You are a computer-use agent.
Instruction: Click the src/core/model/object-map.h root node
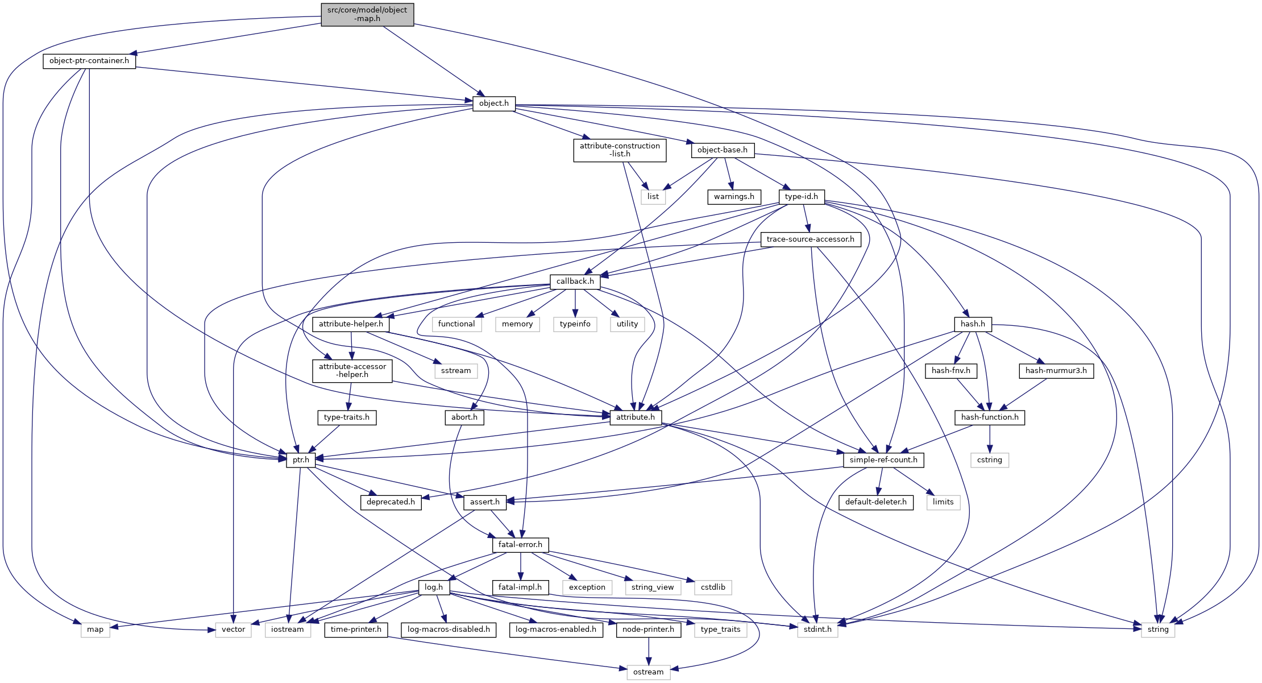pyautogui.click(x=367, y=15)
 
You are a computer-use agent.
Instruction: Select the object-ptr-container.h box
pyautogui.click(x=89, y=61)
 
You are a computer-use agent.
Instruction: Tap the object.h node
pyautogui.click(x=494, y=104)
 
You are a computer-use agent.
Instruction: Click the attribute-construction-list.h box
pyautogui.click(x=620, y=150)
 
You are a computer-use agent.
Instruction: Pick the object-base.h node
pyautogui.click(x=723, y=150)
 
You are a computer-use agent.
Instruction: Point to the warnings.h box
pyautogui.click(x=734, y=197)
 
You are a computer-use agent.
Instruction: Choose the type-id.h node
pyautogui.click(x=802, y=197)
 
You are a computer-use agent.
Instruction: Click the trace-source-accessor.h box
pyautogui.click(x=810, y=239)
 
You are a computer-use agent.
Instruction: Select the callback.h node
pyautogui.click(x=575, y=282)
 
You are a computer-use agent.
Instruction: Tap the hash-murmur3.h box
pyautogui.click(x=1056, y=371)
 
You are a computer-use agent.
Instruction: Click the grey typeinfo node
pyautogui.click(x=575, y=324)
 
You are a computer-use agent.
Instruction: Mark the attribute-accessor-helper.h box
pyautogui.click(x=352, y=371)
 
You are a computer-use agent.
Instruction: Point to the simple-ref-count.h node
pyautogui.click(x=883, y=460)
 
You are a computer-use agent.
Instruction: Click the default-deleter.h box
pyautogui.click(x=876, y=502)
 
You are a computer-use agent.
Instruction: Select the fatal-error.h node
pyautogui.click(x=520, y=545)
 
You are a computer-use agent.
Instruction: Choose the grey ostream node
pyautogui.click(x=649, y=672)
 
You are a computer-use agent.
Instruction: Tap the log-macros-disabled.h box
pyautogui.click(x=449, y=630)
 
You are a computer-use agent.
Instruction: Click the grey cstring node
pyautogui.click(x=990, y=460)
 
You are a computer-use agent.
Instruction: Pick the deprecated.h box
pyautogui.click(x=391, y=502)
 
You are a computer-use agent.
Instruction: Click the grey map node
pyautogui.click(x=96, y=630)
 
